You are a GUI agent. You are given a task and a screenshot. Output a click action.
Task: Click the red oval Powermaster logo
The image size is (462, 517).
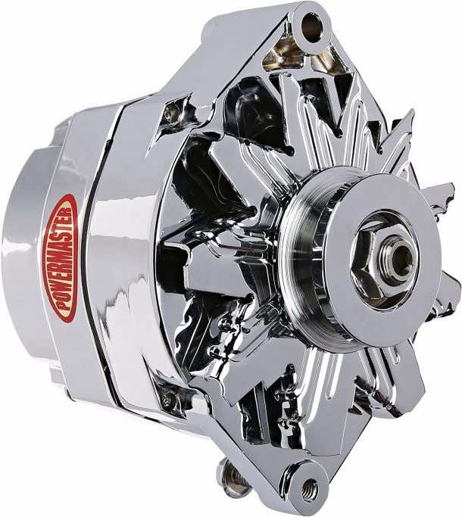(x=63, y=257)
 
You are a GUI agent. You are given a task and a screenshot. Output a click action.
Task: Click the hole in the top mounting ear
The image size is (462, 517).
(x=311, y=28)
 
